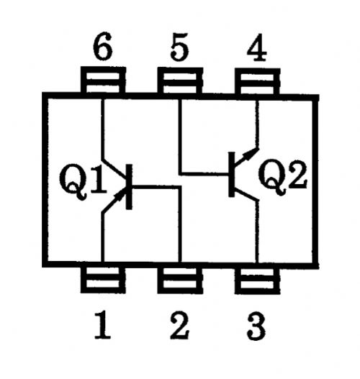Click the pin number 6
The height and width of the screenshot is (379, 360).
(x=103, y=47)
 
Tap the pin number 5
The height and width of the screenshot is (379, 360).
(x=179, y=47)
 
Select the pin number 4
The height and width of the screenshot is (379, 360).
(x=257, y=47)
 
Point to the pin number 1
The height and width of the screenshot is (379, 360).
(x=102, y=325)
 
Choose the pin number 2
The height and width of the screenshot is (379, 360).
(x=179, y=325)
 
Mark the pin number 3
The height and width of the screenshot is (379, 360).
(x=256, y=326)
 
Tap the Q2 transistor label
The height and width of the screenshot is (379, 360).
(x=282, y=177)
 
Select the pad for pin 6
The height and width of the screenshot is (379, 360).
(x=103, y=80)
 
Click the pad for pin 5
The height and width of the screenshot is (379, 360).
(x=180, y=81)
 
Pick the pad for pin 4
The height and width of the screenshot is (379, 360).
(x=258, y=81)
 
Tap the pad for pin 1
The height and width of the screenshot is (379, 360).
(x=103, y=280)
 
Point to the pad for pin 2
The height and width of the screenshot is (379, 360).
(x=180, y=280)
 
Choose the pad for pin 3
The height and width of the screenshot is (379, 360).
(x=257, y=281)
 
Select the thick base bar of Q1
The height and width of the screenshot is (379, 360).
(x=129, y=186)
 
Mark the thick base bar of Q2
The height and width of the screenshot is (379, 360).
(x=232, y=174)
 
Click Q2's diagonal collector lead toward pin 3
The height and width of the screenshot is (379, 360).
(x=246, y=194)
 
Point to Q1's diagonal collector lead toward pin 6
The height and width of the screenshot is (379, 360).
(x=114, y=171)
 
